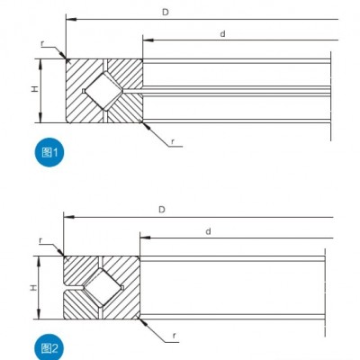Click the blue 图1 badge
49,152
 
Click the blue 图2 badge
49,348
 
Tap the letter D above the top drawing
166,13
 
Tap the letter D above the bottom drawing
162,210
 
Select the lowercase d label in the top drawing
222,34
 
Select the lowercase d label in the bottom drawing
208,231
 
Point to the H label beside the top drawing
35,89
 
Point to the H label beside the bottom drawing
33,288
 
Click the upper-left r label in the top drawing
42,44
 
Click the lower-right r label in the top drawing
173,141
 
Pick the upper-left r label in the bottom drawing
40,240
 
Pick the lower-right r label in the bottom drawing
174,336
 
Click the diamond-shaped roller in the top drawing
103,91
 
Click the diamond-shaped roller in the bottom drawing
103,288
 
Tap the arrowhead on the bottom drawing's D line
69,217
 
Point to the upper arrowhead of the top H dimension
41,64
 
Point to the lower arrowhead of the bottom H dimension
39,314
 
